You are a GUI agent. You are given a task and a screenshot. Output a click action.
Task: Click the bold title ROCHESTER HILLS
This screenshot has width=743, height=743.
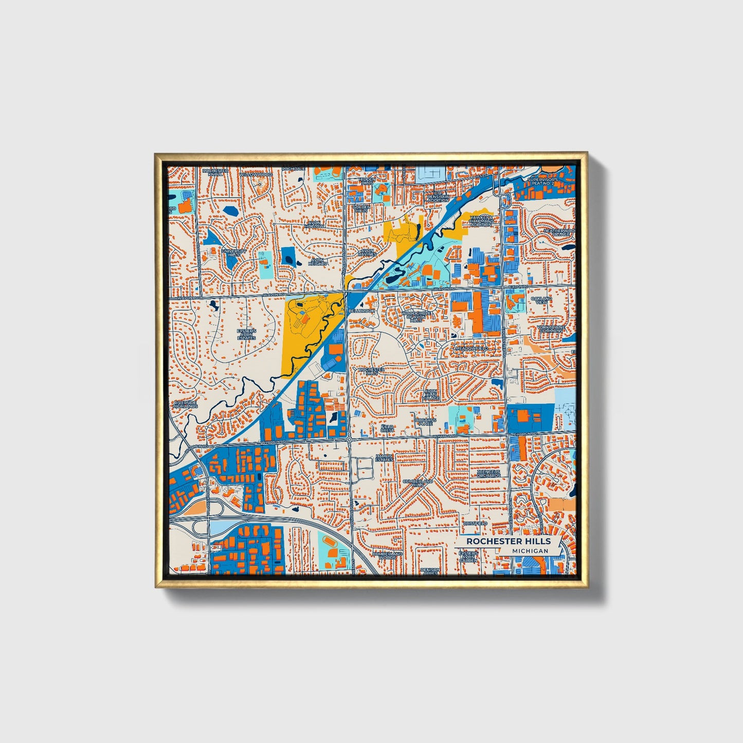pyautogui.click(x=508, y=541)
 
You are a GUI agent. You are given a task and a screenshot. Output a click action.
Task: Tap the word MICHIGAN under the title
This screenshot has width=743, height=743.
pyautogui.click(x=530, y=551)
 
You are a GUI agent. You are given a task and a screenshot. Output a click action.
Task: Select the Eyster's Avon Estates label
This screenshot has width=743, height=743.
pyautogui.click(x=246, y=334)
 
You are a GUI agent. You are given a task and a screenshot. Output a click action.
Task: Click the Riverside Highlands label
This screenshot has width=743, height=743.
pyautogui.click(x=185, y=404)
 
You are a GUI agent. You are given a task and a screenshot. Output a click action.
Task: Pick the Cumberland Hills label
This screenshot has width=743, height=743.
pyautogui.click(x=418, y=483)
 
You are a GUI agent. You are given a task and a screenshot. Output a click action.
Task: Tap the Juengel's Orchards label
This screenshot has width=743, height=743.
pyautogui.click(x=488, y=473)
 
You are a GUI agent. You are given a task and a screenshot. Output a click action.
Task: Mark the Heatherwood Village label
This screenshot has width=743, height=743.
pyautogui.click(x=559, y=232)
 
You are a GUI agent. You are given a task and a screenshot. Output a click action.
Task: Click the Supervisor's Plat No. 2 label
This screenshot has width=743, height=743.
pyautogui.click(x=542, y=181)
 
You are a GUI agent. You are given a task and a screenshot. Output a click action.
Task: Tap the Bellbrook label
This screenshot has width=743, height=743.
pyautogui.click(x=361, y=311)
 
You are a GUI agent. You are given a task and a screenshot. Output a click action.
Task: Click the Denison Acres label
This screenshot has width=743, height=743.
pyautogui.click(x=430, y=571)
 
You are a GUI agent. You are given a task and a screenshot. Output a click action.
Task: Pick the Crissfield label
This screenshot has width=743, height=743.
pyautogui.click(x=474, y=523)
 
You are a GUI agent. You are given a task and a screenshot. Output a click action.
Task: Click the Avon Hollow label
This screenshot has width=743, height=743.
pyautogui.click(x=315, y=225)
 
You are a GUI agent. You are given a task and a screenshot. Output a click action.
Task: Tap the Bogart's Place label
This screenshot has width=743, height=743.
pyautogui.click(x=426, y=422)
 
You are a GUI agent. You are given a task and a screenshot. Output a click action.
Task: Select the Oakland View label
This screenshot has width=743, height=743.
pyautogui.click(x=541, y=300)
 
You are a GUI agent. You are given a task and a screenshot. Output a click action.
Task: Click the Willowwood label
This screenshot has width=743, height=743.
pyautogui.click(x=256, y=175)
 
